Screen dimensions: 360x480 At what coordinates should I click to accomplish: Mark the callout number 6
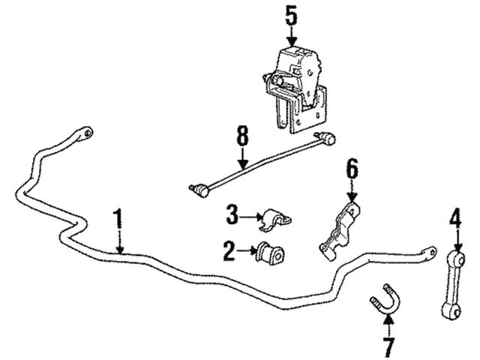[x=352, y=171]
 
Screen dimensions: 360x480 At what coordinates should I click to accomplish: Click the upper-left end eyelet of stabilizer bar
[x=88, y=135]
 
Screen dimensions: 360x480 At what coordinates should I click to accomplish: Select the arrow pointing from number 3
[x=250, y=217]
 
